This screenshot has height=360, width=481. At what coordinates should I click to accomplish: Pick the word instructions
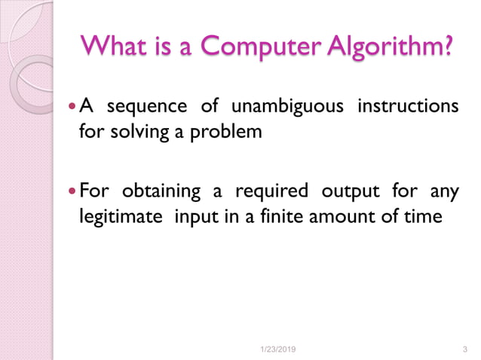click(408, 106)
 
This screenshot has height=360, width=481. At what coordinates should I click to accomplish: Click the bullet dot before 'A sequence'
click(72, 107)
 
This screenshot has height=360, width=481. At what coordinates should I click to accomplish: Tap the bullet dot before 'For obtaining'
click(72, 190)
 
